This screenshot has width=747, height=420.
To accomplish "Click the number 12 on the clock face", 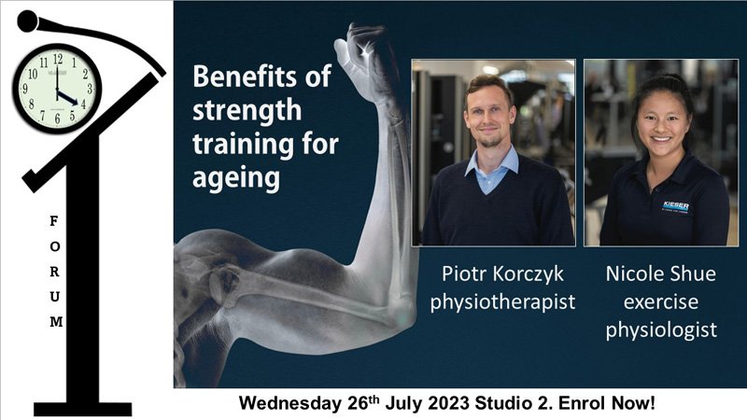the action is point(58,59).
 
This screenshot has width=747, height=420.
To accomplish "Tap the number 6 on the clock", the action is point(57,119).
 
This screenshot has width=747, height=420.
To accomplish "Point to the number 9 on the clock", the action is point(25,89).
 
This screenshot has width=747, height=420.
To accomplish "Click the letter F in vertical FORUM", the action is point(54,221).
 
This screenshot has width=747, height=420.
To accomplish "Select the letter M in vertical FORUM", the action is point(56,322).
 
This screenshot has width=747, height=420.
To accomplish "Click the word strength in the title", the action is point(247,111).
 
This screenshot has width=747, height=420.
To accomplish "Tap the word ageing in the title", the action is point(236,178).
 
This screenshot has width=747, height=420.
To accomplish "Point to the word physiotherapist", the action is point(502,301).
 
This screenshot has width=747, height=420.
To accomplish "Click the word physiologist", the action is point(661,330).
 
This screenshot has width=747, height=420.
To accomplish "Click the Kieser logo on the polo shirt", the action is point(675,207).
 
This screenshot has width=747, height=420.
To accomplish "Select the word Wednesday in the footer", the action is point(290,403).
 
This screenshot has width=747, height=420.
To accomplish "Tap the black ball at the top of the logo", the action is point(28,21).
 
